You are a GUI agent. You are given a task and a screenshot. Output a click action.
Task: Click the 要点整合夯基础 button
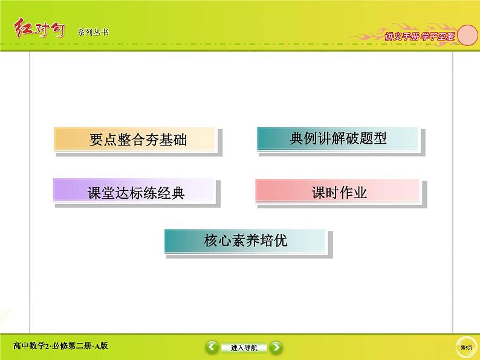[x=135, y=140]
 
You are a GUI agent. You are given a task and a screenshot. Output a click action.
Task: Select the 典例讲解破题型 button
[x=337, y=139]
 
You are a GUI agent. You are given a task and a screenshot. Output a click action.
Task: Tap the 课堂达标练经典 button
[x=135, y=193]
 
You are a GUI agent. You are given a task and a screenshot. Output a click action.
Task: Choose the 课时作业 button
[x=337, y=193]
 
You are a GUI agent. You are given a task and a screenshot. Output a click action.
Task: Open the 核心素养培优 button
[x=245, y=241]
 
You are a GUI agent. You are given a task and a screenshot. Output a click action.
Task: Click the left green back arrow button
[x=212, y=347]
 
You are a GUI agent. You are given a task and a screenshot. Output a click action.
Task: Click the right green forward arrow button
[x=275, y=347]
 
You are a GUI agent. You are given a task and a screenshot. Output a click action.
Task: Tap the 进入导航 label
[x=244, y=348]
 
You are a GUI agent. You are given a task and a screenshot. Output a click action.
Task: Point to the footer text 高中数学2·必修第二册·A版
[x=60, y=346]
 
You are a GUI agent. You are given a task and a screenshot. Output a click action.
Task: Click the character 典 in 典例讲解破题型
[x=296, y=139]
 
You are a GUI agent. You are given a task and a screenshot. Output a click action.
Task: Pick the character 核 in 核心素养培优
[x=211, y=241]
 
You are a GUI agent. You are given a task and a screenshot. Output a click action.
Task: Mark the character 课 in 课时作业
[x=318, y=193]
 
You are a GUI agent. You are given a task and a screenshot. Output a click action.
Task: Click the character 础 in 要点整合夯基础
[x=180, y=140]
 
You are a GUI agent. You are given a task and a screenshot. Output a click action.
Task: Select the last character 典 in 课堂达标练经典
[x=177, y=193]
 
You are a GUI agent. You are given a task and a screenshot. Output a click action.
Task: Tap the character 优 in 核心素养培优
[x=280, y=241]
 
